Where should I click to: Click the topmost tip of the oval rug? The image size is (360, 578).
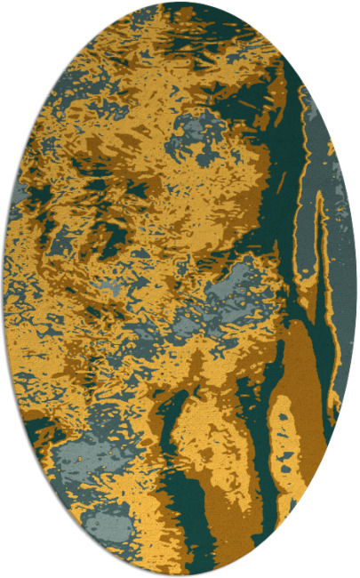(180, 3)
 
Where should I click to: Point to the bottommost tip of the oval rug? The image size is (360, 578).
(180, 575)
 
